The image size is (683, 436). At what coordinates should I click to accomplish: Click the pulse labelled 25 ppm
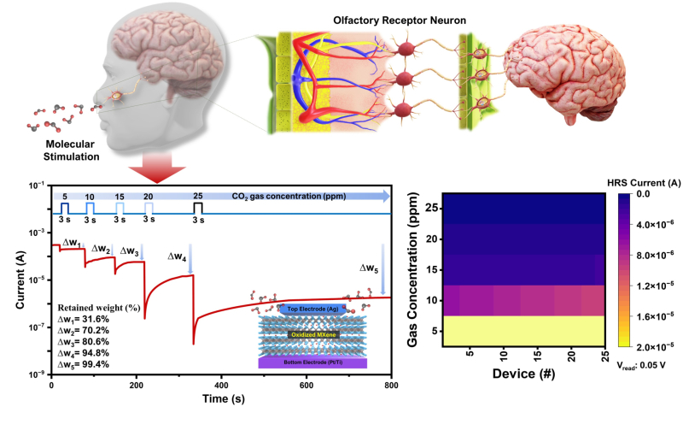(x=198, y=208)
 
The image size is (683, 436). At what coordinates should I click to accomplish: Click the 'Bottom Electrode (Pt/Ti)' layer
(x=312, y=362)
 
